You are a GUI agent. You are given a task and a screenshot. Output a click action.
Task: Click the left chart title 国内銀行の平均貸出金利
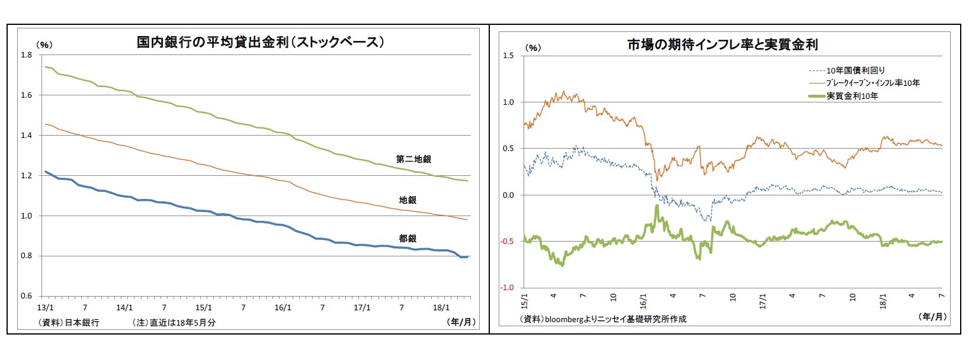261,42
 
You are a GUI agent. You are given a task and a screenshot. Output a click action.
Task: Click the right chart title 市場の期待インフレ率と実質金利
723,44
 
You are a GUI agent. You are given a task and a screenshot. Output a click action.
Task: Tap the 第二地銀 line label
413,159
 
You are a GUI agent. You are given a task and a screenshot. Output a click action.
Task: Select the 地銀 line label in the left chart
408,200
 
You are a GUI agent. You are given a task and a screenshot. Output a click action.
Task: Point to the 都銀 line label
408,239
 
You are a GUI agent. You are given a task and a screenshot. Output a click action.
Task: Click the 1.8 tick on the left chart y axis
26,55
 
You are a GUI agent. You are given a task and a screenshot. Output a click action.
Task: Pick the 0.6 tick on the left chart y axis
26,296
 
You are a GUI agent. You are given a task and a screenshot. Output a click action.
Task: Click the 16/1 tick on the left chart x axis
283,308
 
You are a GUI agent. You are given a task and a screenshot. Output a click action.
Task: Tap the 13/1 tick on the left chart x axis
45,308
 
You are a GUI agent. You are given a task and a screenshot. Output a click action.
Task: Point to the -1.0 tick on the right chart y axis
508,288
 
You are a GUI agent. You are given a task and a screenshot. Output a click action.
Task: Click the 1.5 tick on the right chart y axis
509,56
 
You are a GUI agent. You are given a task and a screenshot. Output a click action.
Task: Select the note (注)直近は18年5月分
174,323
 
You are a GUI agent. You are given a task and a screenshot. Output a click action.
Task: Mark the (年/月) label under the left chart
461,322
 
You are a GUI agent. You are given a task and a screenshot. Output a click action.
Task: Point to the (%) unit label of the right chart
533,47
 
